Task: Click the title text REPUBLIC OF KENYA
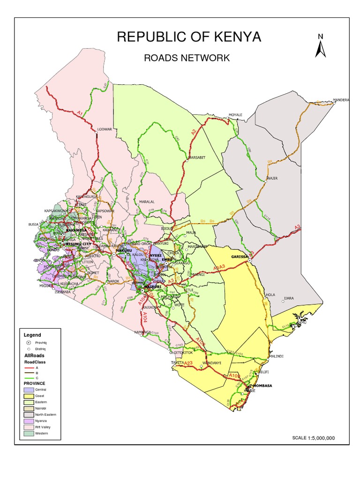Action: tap(189, 37)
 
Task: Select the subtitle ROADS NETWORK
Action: tap(186, 58)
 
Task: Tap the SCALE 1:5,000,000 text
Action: tap(313, 438)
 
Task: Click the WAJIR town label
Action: tap(272, 179)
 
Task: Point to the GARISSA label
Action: tap(240, 257)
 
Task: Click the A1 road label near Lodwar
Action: tap(80, 113)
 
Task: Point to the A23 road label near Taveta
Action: tap(189, 363)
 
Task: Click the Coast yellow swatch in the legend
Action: tap(29, 396)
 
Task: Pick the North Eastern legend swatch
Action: tap(29, 414)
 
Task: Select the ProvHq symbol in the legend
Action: tap(29, 343)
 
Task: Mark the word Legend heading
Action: tap(32, 335)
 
